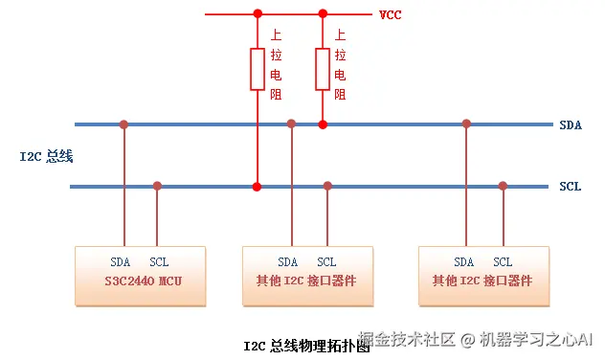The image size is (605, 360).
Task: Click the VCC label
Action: (x=390, y=15)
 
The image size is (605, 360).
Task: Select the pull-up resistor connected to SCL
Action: (x=258, y=69)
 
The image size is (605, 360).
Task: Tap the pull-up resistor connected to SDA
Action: (x=323, y=69)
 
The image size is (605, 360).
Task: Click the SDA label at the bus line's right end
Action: (x=571, y=125)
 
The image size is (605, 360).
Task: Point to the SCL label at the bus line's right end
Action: (x=571, y=187)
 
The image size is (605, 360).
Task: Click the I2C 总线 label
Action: (x=46, y=156)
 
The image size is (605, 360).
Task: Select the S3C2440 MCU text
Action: (x=144, y=281)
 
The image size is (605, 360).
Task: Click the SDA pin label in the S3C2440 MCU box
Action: (x=121, y=262)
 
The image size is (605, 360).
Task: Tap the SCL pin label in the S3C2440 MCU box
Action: (x=159, y=262)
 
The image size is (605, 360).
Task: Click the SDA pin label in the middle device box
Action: (x=288, y=262)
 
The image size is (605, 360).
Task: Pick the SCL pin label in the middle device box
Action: (x=326, y=262)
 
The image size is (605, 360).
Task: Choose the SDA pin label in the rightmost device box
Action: (x=463, y=262)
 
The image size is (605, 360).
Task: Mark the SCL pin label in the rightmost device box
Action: (x=503, y=262)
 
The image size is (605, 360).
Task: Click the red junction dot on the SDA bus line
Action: (x=323, y=124)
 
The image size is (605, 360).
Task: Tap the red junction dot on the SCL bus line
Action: (x=257, y=187)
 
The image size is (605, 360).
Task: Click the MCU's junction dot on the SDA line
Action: (x=123, y=124)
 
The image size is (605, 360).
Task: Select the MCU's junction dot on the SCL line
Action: (x=157, y=186)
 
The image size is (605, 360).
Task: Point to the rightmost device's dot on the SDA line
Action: (x=466, y=124)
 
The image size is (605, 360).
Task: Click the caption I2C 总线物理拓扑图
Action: (x=306, y=346)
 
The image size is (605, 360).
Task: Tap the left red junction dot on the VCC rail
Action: (x=258, y=14)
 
